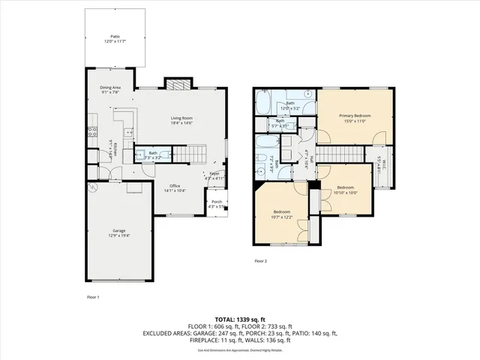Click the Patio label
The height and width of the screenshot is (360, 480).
click(x=115, y=37)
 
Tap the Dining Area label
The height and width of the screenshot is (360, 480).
click(x=111, y=90)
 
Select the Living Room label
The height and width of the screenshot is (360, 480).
click(x=182, y=119)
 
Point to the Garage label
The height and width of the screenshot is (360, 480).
click(x=119, y=232)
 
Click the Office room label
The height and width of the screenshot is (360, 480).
click(x=175, y=187)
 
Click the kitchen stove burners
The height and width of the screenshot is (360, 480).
click(x=92, y=133)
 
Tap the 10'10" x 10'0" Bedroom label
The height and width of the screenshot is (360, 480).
click(x=346, y=189)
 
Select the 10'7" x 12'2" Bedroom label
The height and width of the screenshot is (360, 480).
click(x=281, y=214)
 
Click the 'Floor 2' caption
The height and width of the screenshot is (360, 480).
click(x=260, y=260)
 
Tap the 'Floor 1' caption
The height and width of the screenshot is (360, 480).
click(x=93, y=298)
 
